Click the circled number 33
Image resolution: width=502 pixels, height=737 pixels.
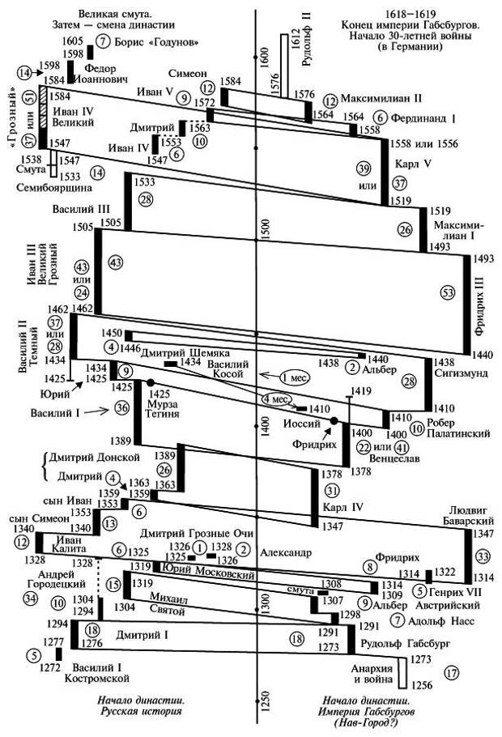pos(483,556)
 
